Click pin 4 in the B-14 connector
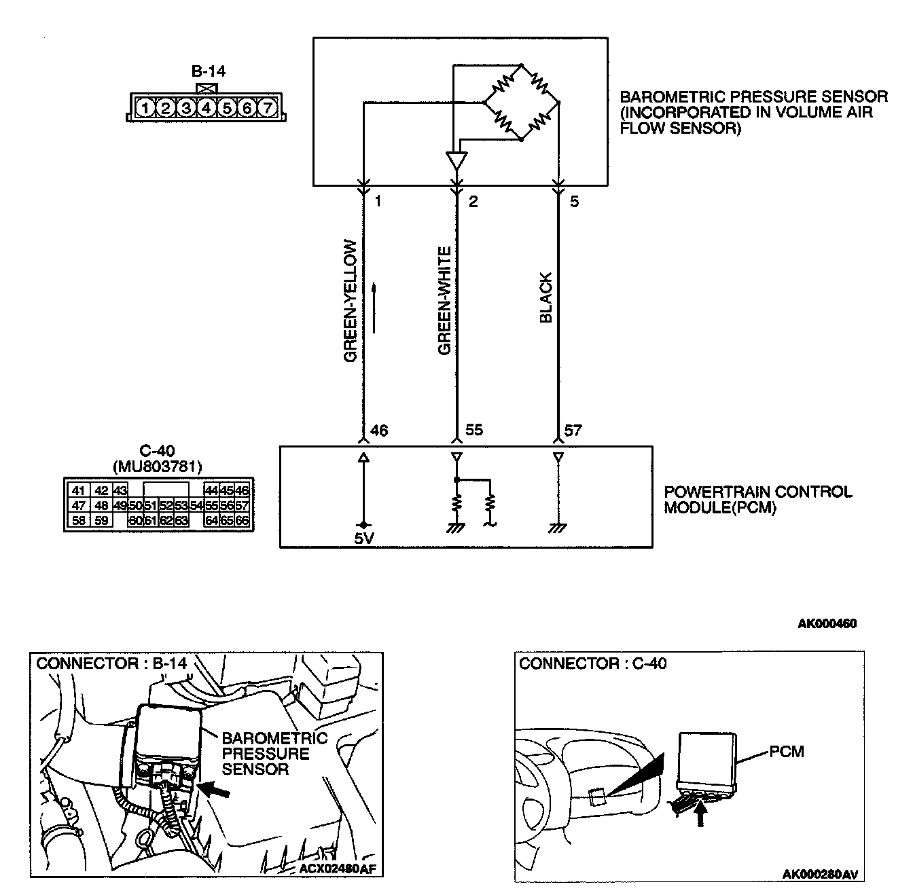[207, 107]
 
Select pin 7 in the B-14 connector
[268, 107]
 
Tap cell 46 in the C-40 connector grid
[242, 491]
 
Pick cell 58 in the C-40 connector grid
[79, 521]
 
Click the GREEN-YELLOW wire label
[351, 300]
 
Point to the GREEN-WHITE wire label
[445, 300]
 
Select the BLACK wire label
[546, 297]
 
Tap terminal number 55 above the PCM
[474, 431]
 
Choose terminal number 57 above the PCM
[573, 431]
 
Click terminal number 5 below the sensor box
[574, 202]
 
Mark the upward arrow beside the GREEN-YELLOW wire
[373, 309]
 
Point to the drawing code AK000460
[826, 624]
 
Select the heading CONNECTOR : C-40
[592, 663]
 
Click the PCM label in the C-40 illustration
[787, 752]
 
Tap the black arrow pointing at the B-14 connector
[217, 790]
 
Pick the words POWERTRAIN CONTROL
[757, 492]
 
